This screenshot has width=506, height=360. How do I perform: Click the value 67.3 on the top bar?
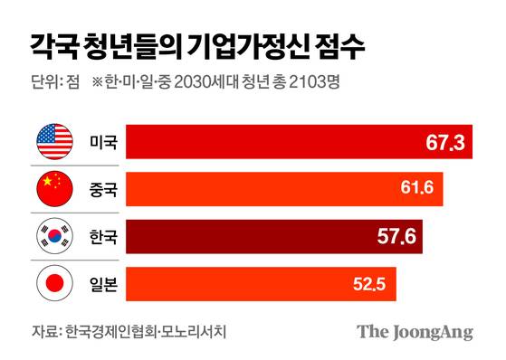(444, 142)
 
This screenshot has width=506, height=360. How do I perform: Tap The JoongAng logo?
(414, 332)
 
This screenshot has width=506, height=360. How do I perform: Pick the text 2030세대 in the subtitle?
(214, 84)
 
